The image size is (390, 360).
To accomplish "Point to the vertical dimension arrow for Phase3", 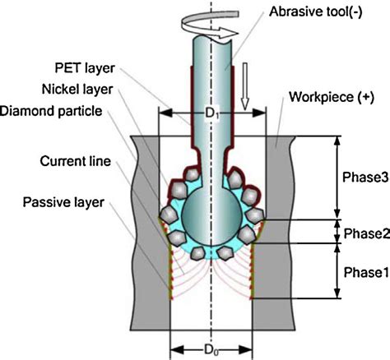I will (x=337, y=178).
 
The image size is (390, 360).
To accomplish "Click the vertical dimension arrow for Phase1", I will (x=337, y=270).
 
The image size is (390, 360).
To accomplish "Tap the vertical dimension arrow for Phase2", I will (x=337, y=231).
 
